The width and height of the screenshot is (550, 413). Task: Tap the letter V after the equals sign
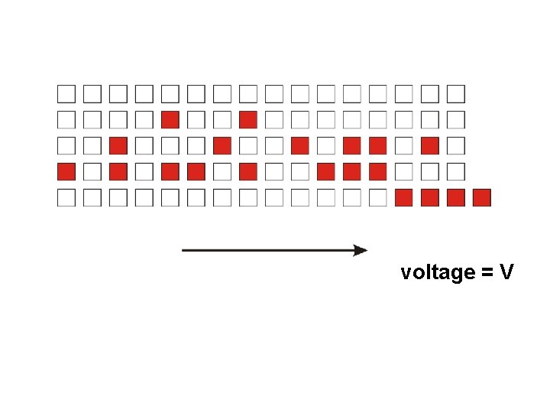(506, 272)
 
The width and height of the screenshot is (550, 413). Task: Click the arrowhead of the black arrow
(361, 250)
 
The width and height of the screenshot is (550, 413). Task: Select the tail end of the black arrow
(184, 250)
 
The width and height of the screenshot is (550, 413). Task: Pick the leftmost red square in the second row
(170, 119)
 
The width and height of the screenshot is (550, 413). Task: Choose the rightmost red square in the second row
(247, 119)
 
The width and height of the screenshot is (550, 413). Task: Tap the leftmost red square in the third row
(118, 145)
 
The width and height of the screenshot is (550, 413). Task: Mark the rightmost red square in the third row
(429, 145)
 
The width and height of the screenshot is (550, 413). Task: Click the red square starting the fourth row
(66, 171)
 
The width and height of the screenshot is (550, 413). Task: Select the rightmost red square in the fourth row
(377, 171)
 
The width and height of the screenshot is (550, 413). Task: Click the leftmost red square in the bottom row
(403, 198)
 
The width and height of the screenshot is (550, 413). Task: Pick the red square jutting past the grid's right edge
(481, 198)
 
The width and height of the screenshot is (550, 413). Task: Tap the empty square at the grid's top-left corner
(66, 94)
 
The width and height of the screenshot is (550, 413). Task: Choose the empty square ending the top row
(455, 94)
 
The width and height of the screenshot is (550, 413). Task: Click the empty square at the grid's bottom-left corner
(66, 198)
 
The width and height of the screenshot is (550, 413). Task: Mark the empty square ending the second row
(455, 119)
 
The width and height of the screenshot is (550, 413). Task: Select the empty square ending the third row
(455, 145)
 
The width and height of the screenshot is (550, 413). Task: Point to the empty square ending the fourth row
(455, 171)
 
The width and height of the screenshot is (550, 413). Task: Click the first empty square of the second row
(66, 119)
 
